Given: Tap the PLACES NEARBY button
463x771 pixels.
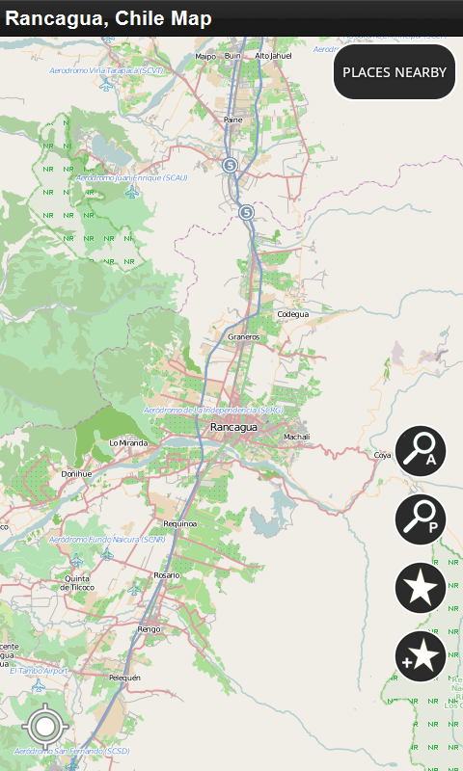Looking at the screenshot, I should tap(395, 72).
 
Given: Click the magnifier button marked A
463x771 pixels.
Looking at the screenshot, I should tap(420, 451).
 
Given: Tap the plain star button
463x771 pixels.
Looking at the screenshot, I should tap(420, 587).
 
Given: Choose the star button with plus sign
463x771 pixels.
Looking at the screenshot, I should tap(420, 657).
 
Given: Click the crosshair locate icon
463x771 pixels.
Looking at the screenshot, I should tap(44, 726).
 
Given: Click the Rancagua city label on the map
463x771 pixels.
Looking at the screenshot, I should tap(233, 427).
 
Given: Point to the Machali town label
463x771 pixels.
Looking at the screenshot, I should tap(296, 437).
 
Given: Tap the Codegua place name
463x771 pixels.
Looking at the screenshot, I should tap(293, 314).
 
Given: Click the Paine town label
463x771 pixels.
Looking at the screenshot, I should tap(233, 120).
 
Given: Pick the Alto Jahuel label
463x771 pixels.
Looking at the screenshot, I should tap(273, 56).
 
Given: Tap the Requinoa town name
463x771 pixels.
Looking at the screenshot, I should tap(180, 523).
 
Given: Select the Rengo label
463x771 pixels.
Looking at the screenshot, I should tap(149, 628).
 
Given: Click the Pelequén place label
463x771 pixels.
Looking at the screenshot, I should tap(124, 678).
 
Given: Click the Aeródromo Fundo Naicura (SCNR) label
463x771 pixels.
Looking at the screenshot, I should tap(107, 540).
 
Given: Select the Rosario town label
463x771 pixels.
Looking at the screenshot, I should tap(167, 574).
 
